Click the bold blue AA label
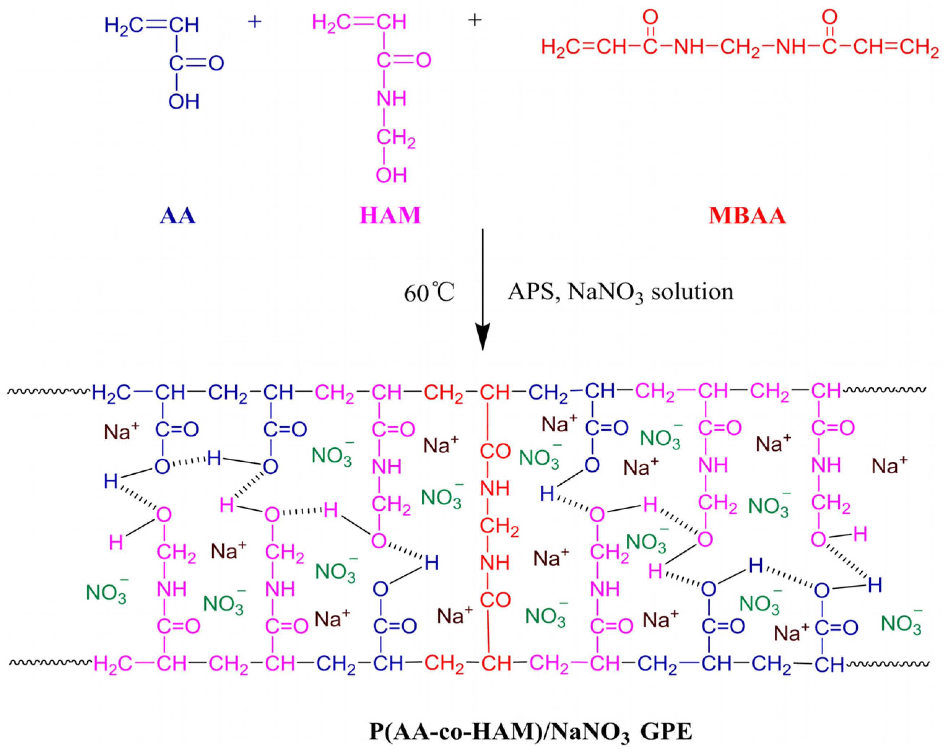coord(177,216)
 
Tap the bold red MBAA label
coord(747,216)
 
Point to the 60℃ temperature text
coord(429,293)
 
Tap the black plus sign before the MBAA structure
coord(474,20)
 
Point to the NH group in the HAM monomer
coord(391,99)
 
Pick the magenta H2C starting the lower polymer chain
coord(113,664)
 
